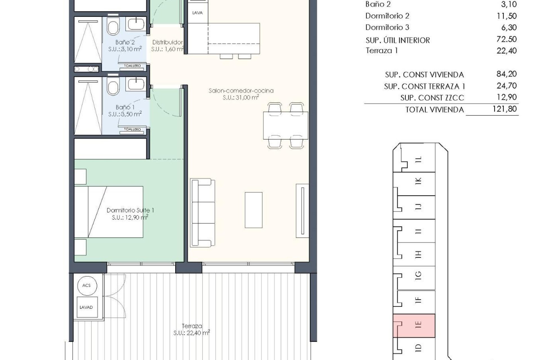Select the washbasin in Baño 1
(136, 84)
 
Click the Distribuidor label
(168, 42)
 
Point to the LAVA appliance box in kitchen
(197, 13)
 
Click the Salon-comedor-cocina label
(241, 91)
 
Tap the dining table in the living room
(285, 125)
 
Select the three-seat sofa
(203, 213)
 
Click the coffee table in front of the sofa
(253, 210)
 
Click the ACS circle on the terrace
(86, 285)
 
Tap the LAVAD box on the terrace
(86, 307)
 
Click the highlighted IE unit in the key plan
(414, 326)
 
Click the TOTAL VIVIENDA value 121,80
(505, 109)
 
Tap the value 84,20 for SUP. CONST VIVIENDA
(506, 74)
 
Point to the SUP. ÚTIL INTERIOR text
(398, 40)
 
